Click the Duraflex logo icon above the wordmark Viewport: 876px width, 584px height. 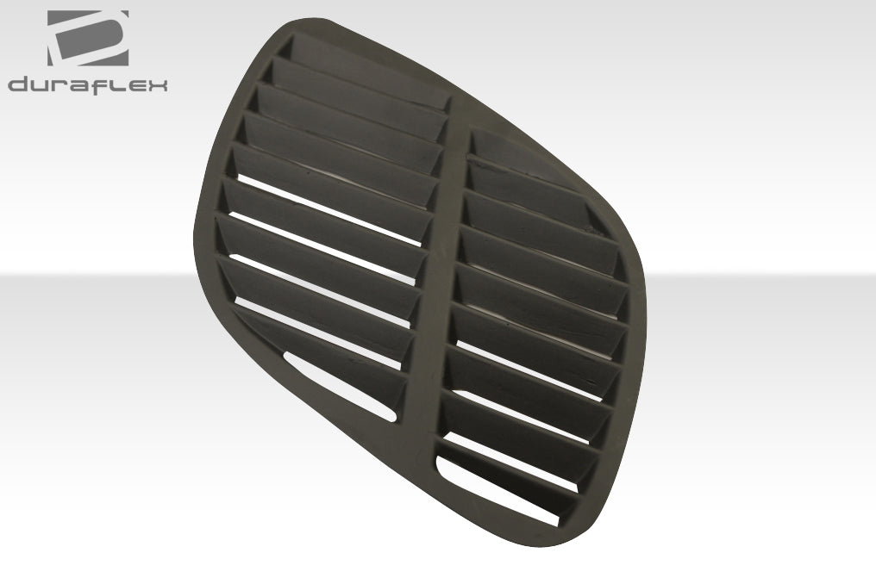[x=88, y=38]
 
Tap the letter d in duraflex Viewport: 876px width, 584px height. [x=18, y=84]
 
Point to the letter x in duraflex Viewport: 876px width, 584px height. [x=157, y=84]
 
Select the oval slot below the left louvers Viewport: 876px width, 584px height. [x=341, y=384]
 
